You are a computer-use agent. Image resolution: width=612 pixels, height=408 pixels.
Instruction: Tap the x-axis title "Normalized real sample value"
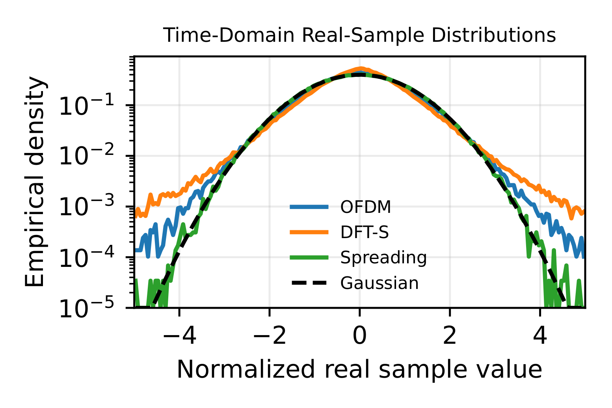pyautogui.click(x=359, y=370)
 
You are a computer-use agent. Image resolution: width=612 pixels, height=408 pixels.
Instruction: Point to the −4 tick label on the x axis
pyautogui.click(x=179, y=337)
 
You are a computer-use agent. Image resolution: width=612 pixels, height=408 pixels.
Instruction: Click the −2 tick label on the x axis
pyautogui.click(x=269, y=337)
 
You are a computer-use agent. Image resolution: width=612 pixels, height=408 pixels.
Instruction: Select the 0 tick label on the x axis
pyautogui.click(x=359, y=337)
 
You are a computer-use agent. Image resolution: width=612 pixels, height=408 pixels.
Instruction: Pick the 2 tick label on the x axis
pyautogui.click(x=450, y=337)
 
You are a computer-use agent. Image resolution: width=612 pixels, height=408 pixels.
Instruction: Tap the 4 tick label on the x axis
pyautogui.click(x=540, y=337)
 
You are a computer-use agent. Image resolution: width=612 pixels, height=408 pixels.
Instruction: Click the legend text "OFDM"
pyautogui.click(x=366, y=207)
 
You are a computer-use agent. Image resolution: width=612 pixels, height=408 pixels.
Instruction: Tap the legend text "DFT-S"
pyautogui.click(x=365, y=233)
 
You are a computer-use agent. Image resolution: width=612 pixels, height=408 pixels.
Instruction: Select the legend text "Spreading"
pyautogui.click(x=383, y=258)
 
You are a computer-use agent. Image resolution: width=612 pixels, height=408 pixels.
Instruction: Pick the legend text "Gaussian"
pyautogui.click(x=379, y=283)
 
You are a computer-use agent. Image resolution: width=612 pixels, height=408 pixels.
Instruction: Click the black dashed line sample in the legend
pyautogui.click(x=309, y=283)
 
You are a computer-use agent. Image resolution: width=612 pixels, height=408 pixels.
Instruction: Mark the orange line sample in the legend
pyautogui.click(x=309, y=233)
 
